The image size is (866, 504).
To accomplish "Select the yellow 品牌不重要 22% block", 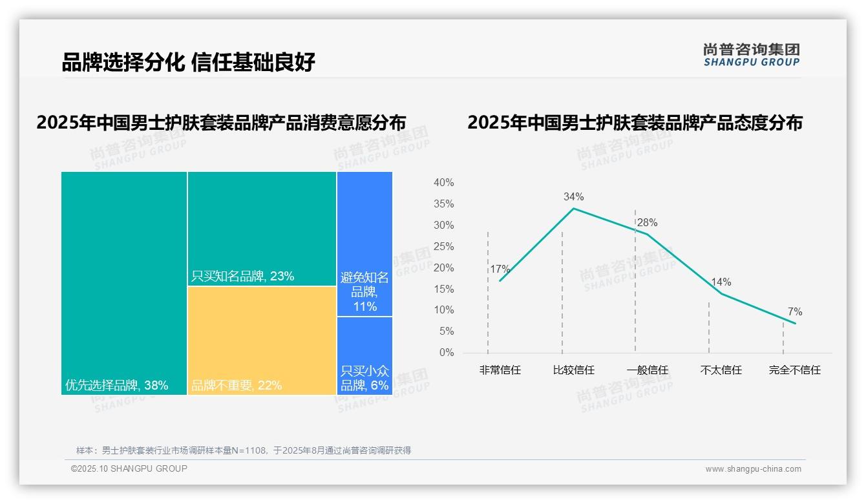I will (262, 340).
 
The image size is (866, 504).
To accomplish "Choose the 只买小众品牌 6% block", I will (364, 355).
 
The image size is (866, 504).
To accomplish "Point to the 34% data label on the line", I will (573, 196).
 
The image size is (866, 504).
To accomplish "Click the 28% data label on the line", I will (647, 223).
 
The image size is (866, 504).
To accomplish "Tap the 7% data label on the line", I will (794, 312).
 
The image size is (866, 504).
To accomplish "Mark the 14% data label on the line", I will (721, 282).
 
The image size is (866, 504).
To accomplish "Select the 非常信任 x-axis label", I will (500, 370).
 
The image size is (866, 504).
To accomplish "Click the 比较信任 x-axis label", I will (573, 370).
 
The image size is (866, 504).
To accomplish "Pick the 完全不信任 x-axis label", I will (794, 370).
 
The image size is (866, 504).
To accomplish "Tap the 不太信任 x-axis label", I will (721, 370).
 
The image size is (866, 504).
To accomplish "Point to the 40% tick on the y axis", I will (443, 183).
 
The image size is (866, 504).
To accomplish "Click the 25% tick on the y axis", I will (443, 246).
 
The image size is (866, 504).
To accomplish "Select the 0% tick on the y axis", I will (446, 353).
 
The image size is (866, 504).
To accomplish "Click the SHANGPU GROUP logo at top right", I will (751, 55).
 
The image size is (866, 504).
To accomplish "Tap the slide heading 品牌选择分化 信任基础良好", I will (188, 63).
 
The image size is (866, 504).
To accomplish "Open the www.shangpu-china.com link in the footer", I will (753, 469).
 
